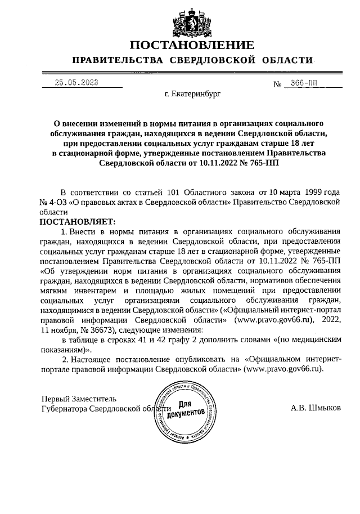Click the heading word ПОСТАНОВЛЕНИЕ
coord(191,45)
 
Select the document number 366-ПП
coord(304,83)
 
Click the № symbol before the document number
coord(277,84)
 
